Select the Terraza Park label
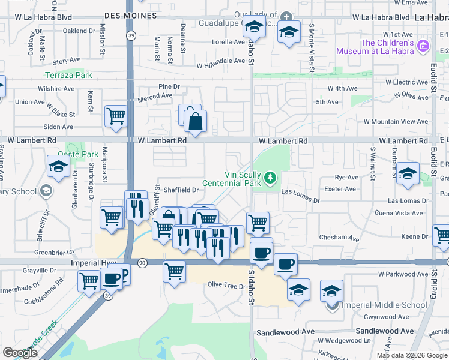(69, 75)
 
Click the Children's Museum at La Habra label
(388, 47)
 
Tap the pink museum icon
(424, 46)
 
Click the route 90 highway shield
(142, 263)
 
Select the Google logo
(20, 353)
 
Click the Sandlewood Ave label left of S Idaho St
(286, 332)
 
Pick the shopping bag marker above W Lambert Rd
(196, 122)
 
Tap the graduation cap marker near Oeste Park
(58, 167)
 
